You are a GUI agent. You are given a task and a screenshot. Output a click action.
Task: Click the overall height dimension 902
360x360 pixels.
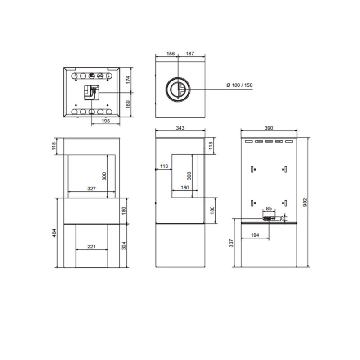(305, 202)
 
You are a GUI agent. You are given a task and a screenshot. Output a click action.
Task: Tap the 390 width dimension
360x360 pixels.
(269, 128)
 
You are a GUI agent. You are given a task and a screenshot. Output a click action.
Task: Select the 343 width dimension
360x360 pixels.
(180, 128)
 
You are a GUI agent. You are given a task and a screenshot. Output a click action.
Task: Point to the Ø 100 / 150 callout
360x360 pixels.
(239, 85)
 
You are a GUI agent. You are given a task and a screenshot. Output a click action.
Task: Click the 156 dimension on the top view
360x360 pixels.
(171, 54)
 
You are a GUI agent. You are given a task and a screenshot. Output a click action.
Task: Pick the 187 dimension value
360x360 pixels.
(190, 54)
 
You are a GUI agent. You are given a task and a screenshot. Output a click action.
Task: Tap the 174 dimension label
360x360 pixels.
(128, 80)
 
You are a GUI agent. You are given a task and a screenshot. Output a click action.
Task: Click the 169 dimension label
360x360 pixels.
(128, 104)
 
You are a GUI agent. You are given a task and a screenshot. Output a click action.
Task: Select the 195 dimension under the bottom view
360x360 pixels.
(106, 121)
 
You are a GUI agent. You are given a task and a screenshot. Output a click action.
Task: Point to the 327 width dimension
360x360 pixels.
(91, 189)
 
